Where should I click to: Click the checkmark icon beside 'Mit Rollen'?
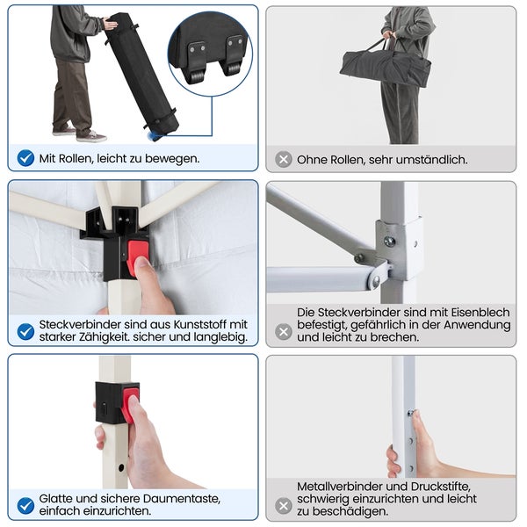pyautogui.click(x=25, y=158)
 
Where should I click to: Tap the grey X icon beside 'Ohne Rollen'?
pyautogui.click(x=284, y=159)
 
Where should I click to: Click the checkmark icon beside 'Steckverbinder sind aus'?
pyautogui.click(x=25, y=332)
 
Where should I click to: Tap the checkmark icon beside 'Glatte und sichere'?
pyautogui.click(x=25, y=506)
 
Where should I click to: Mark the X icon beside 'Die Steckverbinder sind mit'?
pyautogui.click(x=284, y=332)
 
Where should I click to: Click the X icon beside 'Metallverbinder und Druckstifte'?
pyautogui.click(x=284, y=506)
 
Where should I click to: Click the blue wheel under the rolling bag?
pyautogui.click(x=155, y=136)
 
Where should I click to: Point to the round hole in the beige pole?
pyautogui.click(x=121, y=467)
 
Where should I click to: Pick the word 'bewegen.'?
pyautogui.click(x=172, y=159)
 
